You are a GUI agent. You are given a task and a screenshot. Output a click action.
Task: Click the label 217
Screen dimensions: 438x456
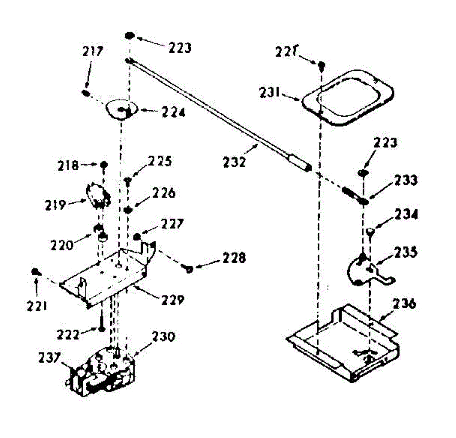point(93,51)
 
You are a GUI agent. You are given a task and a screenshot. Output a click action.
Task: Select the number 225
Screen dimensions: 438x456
point(160,161)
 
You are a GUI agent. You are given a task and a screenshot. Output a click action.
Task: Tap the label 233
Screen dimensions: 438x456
point(405,180)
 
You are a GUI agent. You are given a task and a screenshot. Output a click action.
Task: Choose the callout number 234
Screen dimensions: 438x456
point(405,214)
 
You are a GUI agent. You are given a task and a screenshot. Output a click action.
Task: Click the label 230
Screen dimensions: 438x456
point(163,337)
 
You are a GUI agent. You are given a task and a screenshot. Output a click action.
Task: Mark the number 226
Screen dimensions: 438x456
point(163,193)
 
